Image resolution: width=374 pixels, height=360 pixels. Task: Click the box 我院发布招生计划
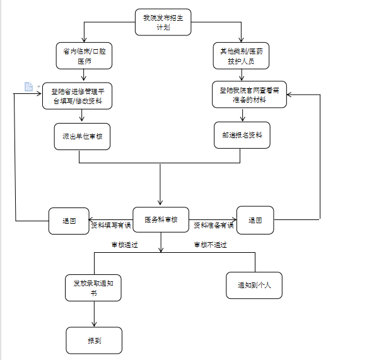pyautogui.click(x=163, y=22)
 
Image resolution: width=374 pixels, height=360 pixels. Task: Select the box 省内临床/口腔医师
pyautogui.click(x=85, y=55)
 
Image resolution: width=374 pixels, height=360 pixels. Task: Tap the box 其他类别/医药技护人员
pyautogui.click(x=241, y=55)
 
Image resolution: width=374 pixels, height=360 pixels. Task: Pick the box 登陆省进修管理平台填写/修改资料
pyautogui.click(x=78, y=96)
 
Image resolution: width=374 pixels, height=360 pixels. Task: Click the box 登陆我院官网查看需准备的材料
pyautogui.click(x=250, y=95)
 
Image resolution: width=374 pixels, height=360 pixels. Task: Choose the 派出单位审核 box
pyautogui.click(x=82, y=137)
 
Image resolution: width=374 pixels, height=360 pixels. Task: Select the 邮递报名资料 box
pyautogui.click(x=242, y=135)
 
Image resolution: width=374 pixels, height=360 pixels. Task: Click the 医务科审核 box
pyautogui.click(x=161, y=219)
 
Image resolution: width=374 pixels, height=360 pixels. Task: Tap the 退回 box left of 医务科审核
pyautogui.click(x=69, y=221)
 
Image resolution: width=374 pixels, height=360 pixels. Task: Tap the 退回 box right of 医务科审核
pyautogui.click(x=255, y=220)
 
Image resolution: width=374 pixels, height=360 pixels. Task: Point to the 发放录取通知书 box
pyautogui.click(x=93, y=287)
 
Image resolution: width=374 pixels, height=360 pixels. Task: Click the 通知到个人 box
pyautogui.click(x=254, y=286)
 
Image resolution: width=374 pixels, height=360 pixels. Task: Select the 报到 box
pyautogui.click(x=94, y=340)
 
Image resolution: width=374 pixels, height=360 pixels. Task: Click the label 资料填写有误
pyautogui.click(x=111, y=225)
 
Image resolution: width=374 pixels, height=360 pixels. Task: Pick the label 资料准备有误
pyautogui.click(x=214, y=225)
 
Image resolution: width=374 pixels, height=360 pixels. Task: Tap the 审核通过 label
pyautogui.click(x=125, y=245)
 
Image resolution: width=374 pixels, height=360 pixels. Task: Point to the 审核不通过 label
pyautogui.click(x=211, y=245)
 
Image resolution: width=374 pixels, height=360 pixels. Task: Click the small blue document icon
pyautogui.click(x=28, y=86)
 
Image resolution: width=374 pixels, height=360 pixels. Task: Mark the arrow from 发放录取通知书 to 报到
pyautogui.click(x=94, y=314)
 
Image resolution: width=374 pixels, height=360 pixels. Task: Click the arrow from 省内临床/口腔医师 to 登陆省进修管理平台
pyautogui.click(x=83, y=75)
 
